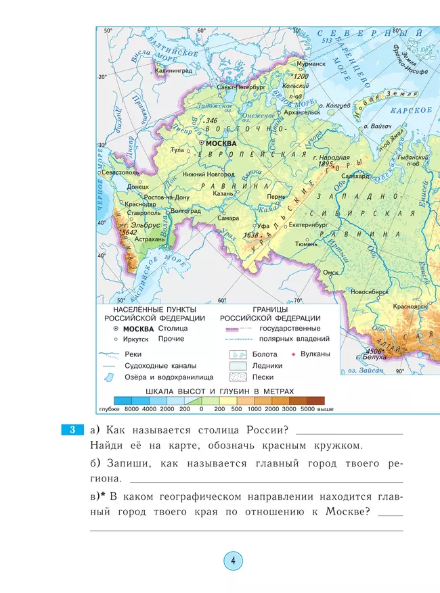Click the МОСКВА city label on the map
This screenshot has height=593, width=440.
coord(221,143)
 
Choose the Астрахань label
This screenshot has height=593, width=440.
coord(150,239)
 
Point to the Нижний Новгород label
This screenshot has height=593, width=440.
coord(207,174)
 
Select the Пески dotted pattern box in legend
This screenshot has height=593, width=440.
coord(237,377)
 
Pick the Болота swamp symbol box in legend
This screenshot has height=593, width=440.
coord(237,354)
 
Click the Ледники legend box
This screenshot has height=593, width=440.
coord(237,365)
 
